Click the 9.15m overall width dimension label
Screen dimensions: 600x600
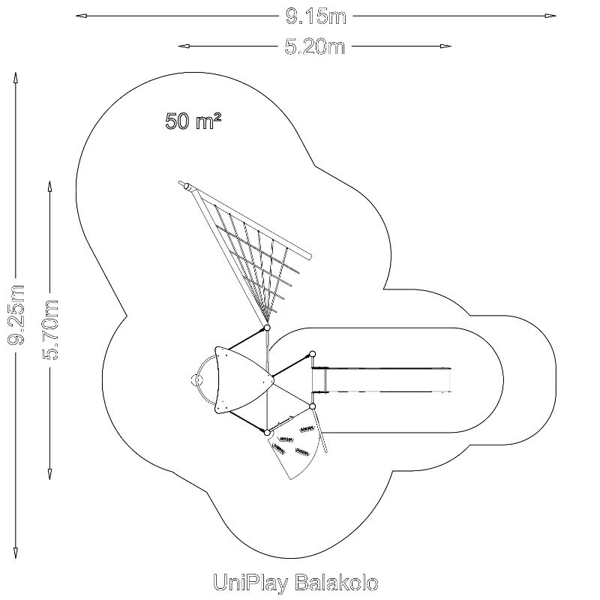315,14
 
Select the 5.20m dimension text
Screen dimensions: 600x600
314,46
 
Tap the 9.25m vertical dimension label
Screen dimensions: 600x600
16,316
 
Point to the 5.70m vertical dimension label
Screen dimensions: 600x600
49,330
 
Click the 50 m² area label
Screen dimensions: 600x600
193,121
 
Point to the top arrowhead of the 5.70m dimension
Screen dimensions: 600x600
49,184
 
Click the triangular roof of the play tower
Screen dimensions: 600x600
238,380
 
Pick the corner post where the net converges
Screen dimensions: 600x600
266,328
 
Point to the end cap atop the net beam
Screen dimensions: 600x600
187,184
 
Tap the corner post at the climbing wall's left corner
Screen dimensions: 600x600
266,431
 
